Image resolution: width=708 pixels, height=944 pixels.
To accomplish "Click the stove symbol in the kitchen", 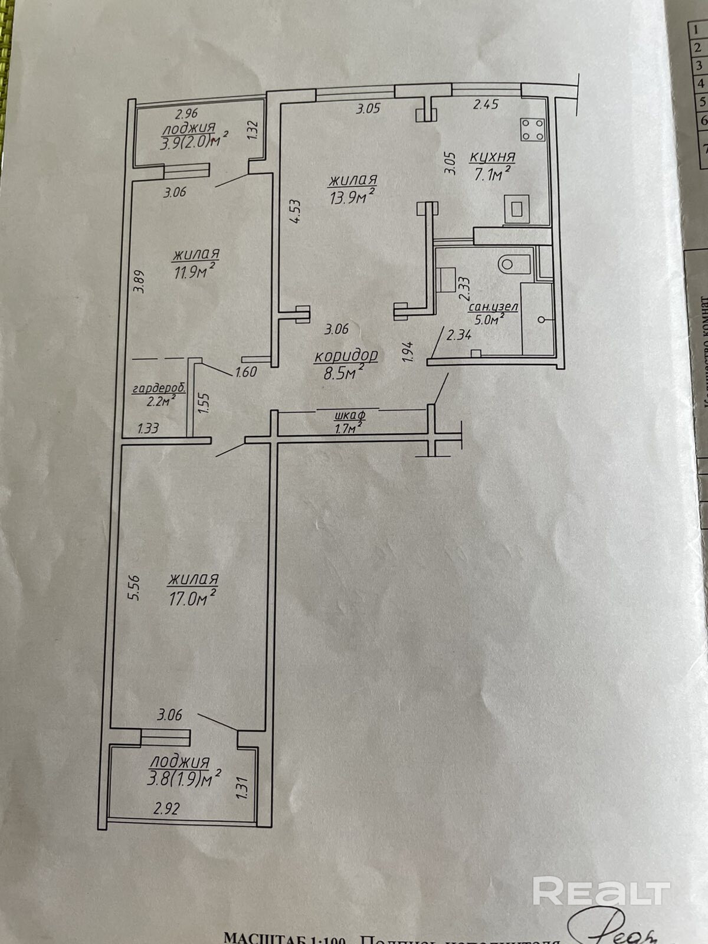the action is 532,130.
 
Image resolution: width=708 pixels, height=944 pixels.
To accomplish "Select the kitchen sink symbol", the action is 517,208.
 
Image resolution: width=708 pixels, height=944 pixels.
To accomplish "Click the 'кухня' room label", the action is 492,158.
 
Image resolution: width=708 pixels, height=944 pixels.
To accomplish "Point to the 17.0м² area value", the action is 190,599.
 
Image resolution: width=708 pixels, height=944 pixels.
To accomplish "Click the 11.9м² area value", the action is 193,272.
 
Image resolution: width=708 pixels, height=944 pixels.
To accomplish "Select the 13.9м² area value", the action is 353,197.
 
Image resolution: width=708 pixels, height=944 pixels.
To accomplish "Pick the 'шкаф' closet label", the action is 349,415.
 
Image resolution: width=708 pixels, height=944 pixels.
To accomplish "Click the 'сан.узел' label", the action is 493,307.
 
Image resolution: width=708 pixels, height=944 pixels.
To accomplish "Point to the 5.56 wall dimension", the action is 134,588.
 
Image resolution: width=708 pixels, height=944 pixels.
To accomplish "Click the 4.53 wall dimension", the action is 295,211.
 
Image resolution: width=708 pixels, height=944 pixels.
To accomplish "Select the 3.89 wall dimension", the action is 139,282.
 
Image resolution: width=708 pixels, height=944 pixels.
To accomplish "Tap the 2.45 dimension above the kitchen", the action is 487,104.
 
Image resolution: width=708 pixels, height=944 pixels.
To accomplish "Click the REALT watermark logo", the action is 601,891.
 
